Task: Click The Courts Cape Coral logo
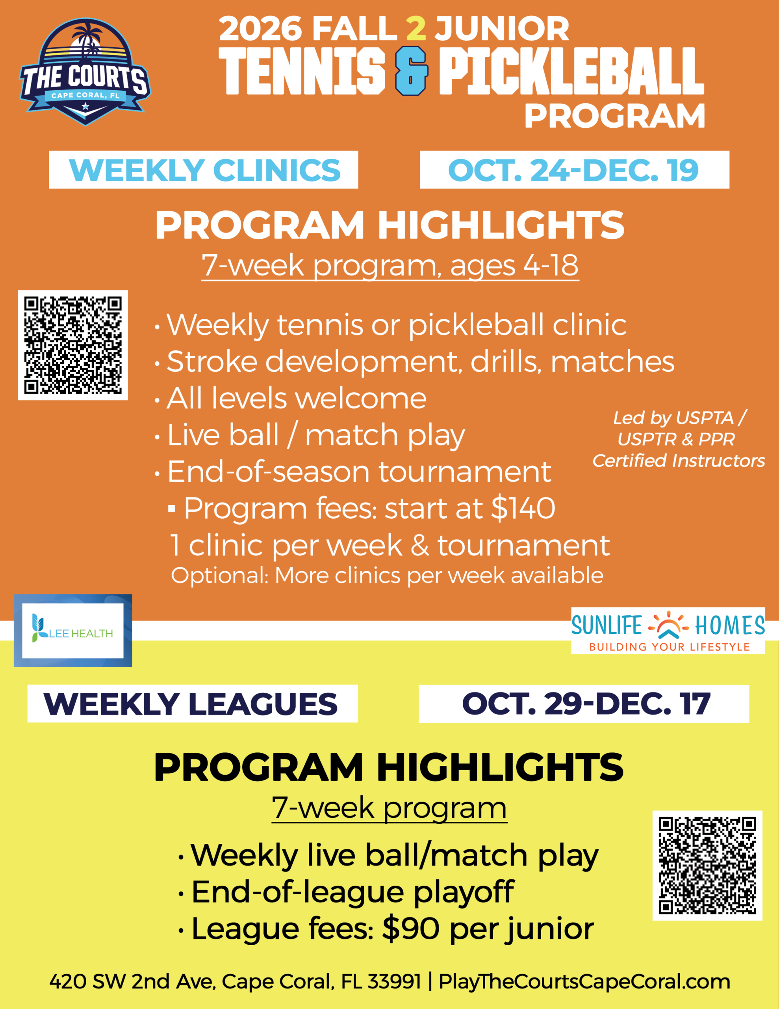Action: pyautogui.click(x=85, y=72)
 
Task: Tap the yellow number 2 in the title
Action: pyautogui.click(x=416, y=28)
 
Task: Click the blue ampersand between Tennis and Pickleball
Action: pyautogui.click(x=412, y=72)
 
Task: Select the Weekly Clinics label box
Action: pyautogui.click(x=204, y=169)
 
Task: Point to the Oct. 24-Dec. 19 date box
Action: pyautogui.click(x=575, y=169)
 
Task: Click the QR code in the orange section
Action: pyautogui.click(x=73, y=345)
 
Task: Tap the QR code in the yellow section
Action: pyautogui.click(x=707, y=865)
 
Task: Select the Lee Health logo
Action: pyautogui.click(x=73, y=631)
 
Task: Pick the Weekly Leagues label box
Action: pyautogui.click(x=193, y=704)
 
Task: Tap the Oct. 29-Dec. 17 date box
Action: pyautogui.click(x=584, y=704)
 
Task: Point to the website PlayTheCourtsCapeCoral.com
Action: pyautogui.click(x=584, y=982)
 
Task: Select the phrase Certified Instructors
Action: pyautogui.click(x=679, y=461)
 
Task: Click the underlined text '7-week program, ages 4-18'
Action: pyautogui.click(x=390, y=266)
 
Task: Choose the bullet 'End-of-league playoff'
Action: pyautogui.click(x=346, y=892)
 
